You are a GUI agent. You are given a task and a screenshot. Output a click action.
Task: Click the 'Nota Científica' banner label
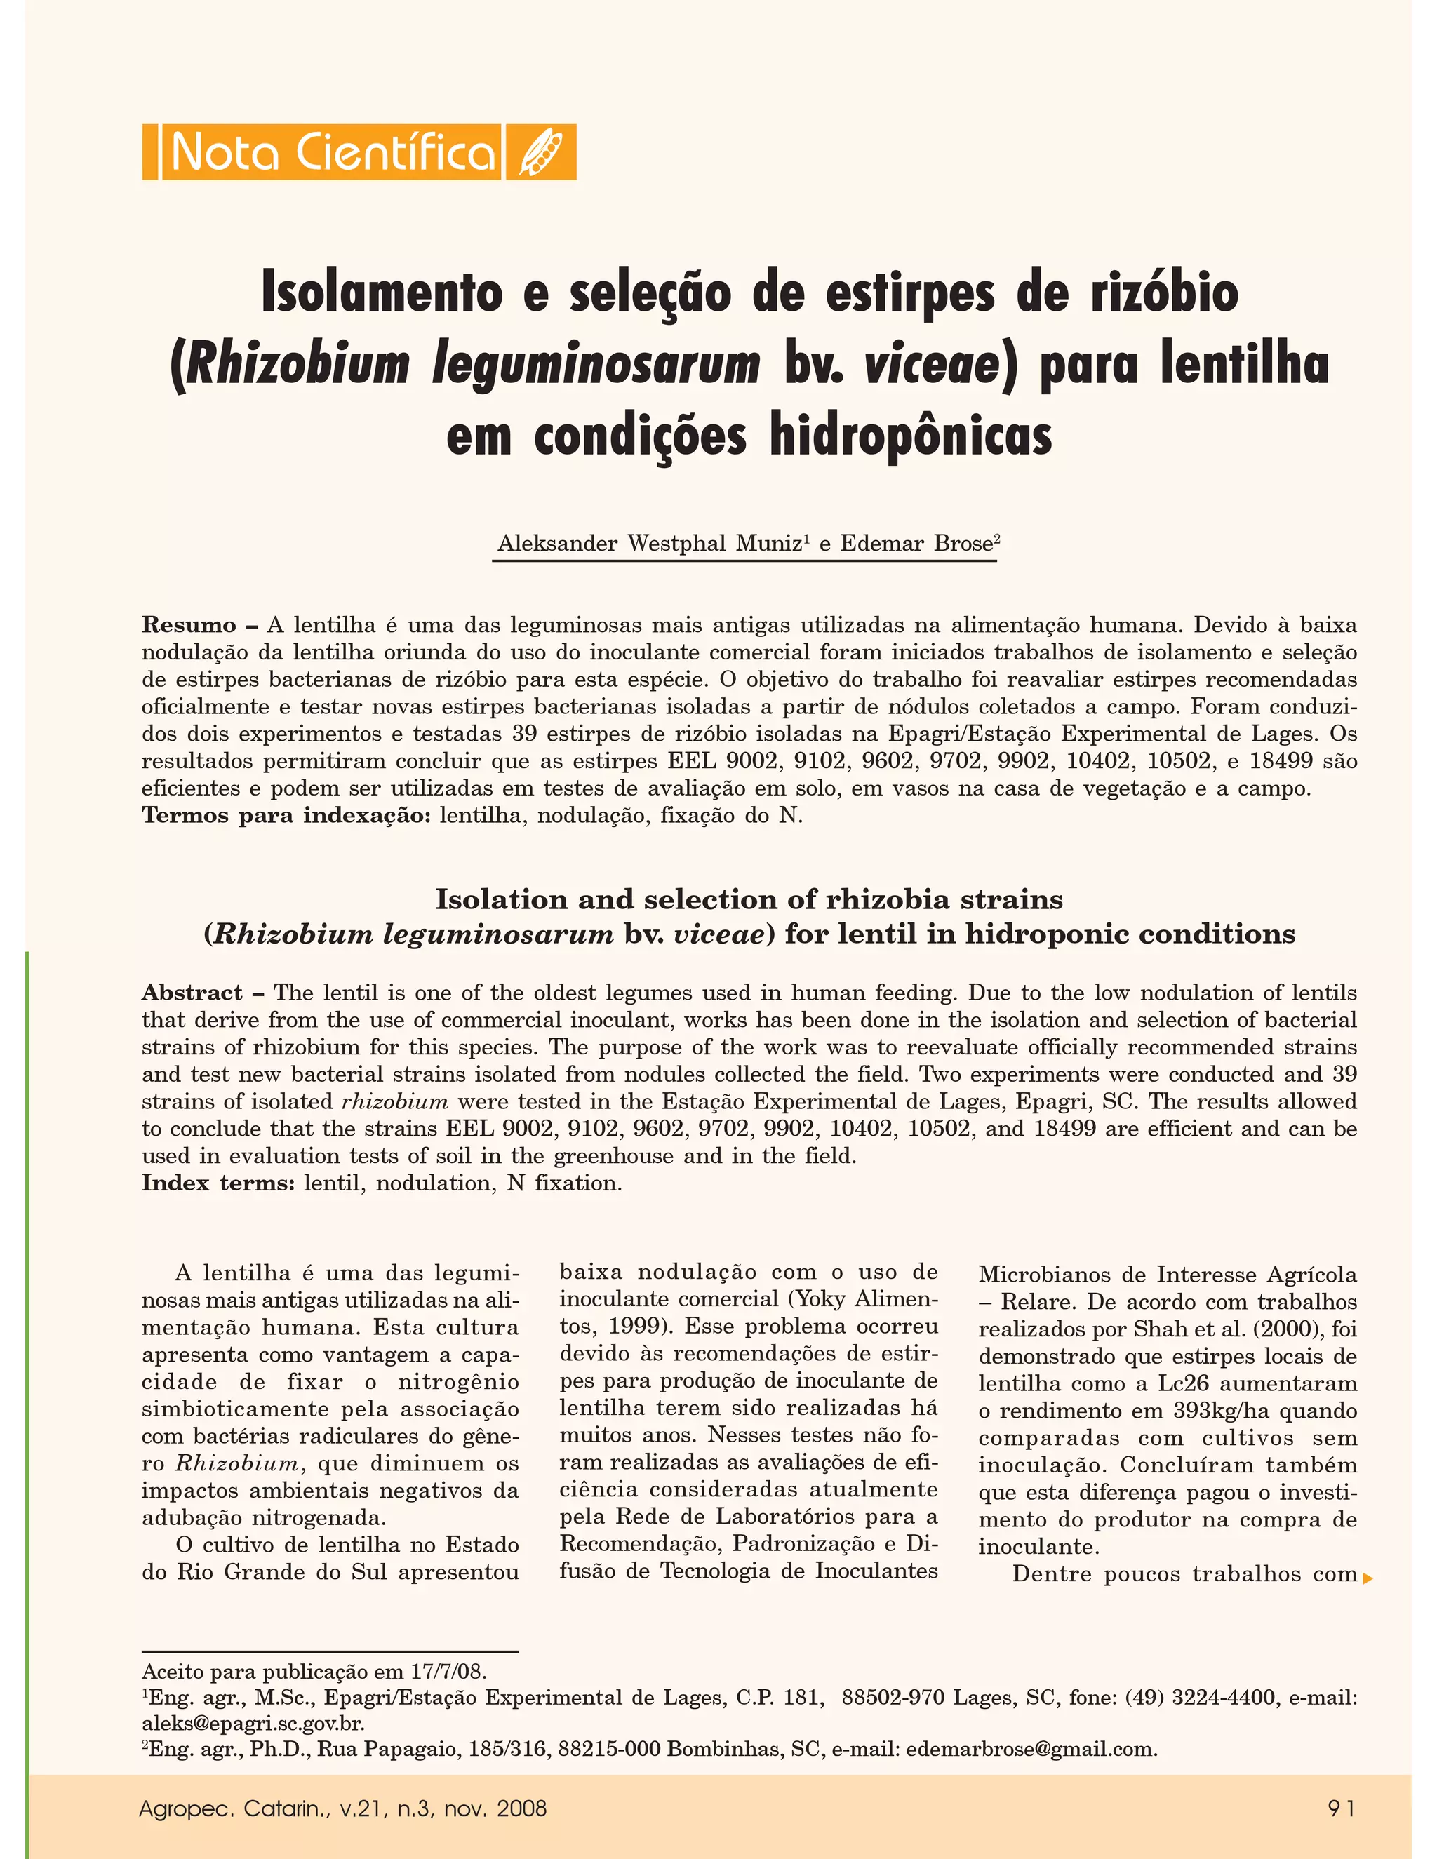coord(332,152)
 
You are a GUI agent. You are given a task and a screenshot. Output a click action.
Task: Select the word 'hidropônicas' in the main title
coord(911,435)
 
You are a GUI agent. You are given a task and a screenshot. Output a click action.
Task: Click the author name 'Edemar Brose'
coord(916,544)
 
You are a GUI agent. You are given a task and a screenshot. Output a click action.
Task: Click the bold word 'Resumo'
coord(189,626)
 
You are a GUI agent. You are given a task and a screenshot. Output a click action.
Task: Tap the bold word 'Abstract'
coord(192,993)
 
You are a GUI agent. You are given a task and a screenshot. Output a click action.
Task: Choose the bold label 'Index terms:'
coord(219,1183)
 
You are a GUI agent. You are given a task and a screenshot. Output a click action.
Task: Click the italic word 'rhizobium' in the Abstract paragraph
coord(394,1101)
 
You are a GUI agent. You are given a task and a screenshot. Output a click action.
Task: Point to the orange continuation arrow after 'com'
coord(1368,1579)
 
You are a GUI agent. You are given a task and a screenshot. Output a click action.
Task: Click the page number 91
coord(1342,1808)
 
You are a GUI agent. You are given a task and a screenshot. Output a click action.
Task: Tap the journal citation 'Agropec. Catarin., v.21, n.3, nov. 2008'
coord(342,1808)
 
